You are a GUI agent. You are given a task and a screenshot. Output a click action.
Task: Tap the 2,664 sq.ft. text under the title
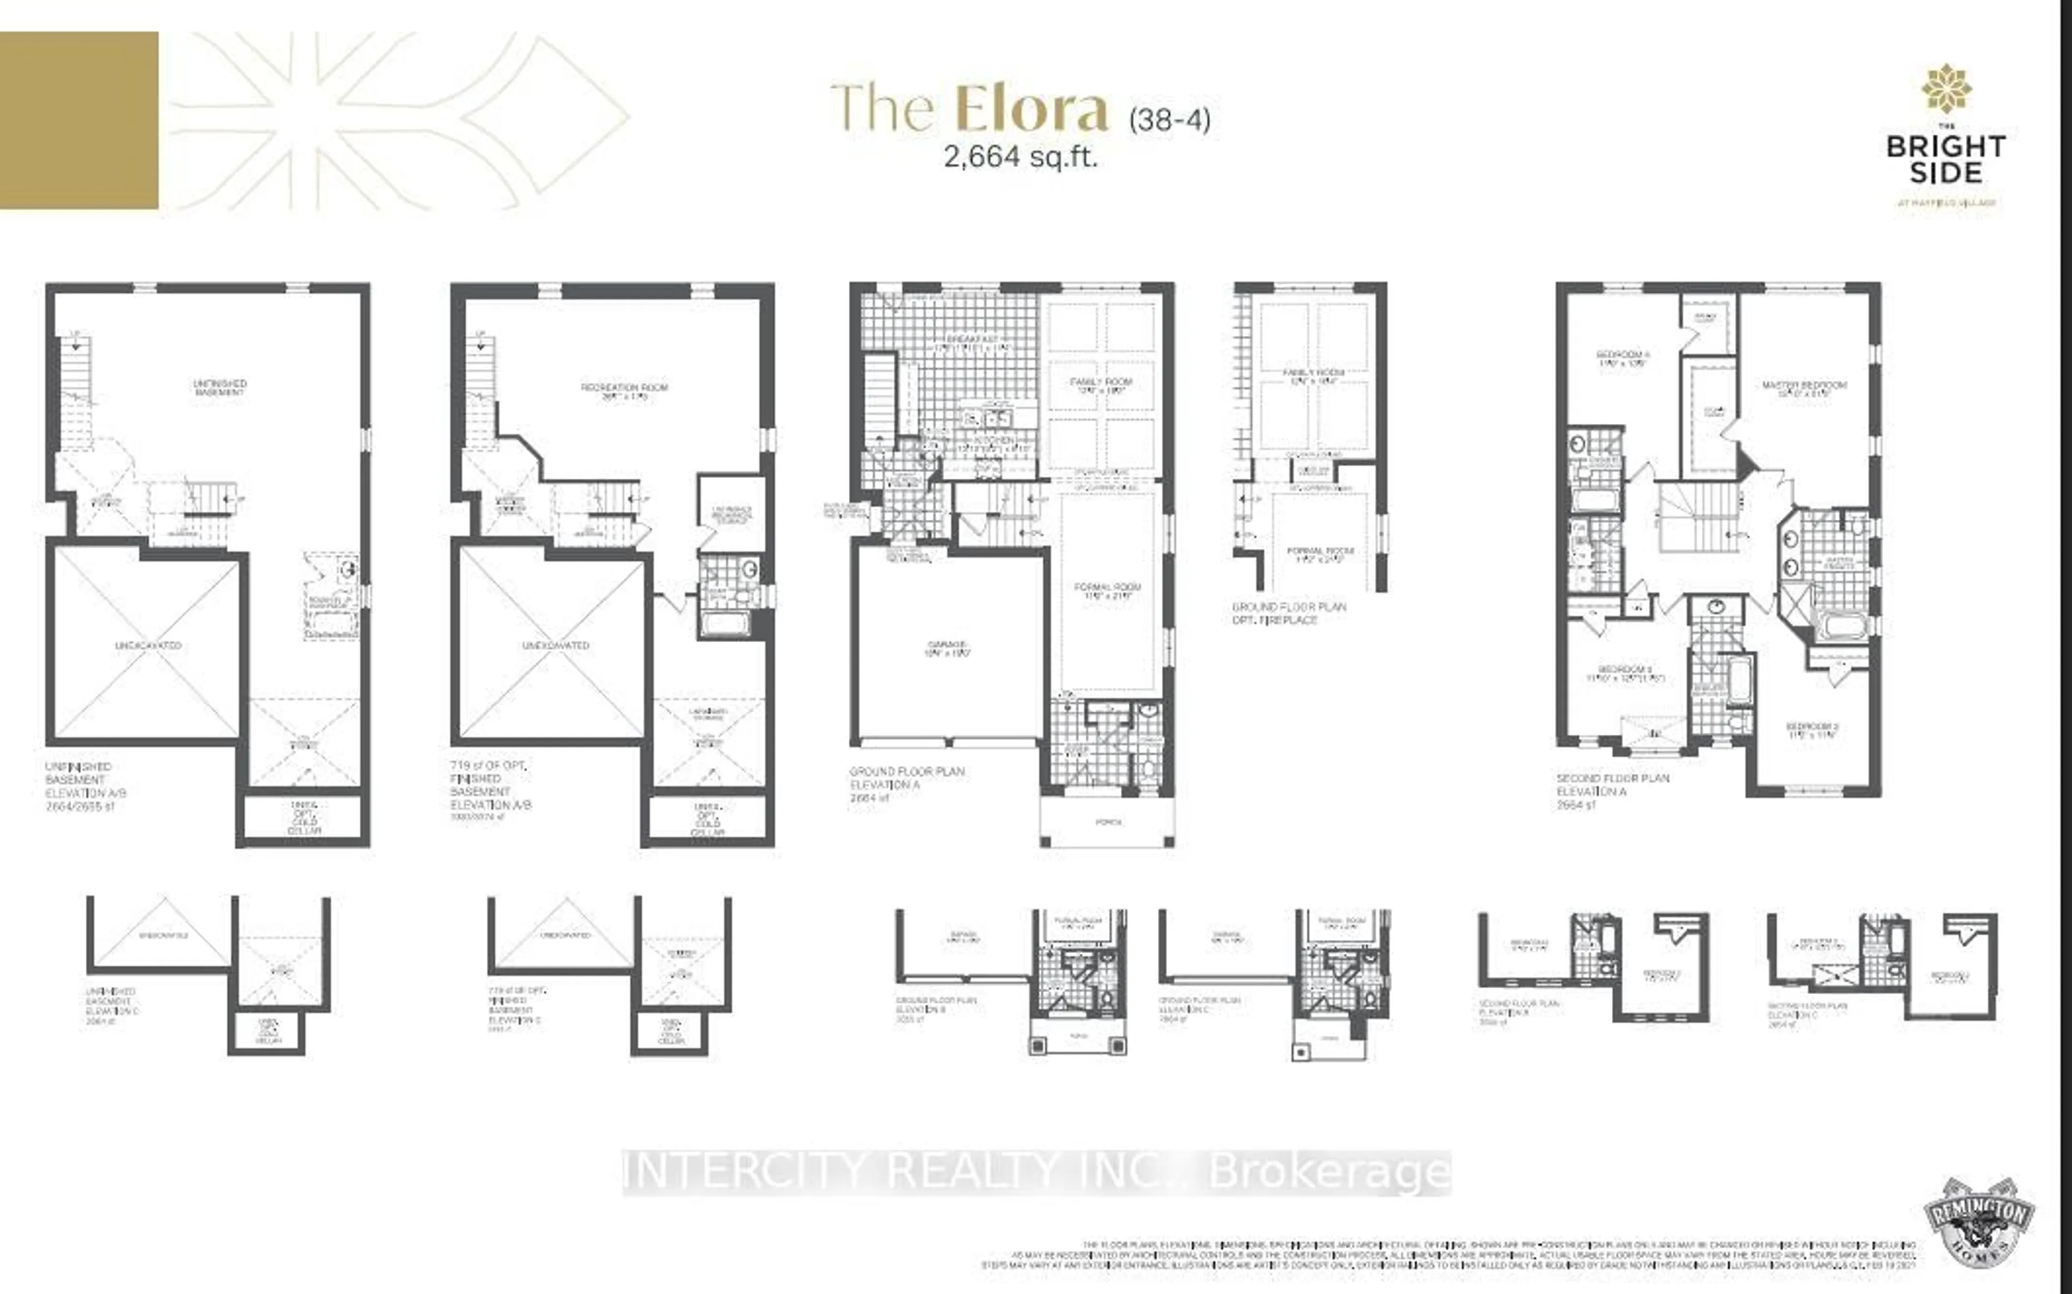pos(1020,156)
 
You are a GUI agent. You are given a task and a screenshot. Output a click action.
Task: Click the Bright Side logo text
pos(1945,159)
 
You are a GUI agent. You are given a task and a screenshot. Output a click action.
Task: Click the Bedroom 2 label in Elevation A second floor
pos(1812,729)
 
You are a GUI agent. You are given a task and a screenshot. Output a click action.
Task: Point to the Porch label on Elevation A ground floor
pos(1108,822)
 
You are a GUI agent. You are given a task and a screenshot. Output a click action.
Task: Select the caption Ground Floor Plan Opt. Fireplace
pos(1289,613)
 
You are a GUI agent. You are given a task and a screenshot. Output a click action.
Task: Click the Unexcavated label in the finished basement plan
pos(556,645)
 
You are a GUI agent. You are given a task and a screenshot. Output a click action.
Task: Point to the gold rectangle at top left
pos(79,120)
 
